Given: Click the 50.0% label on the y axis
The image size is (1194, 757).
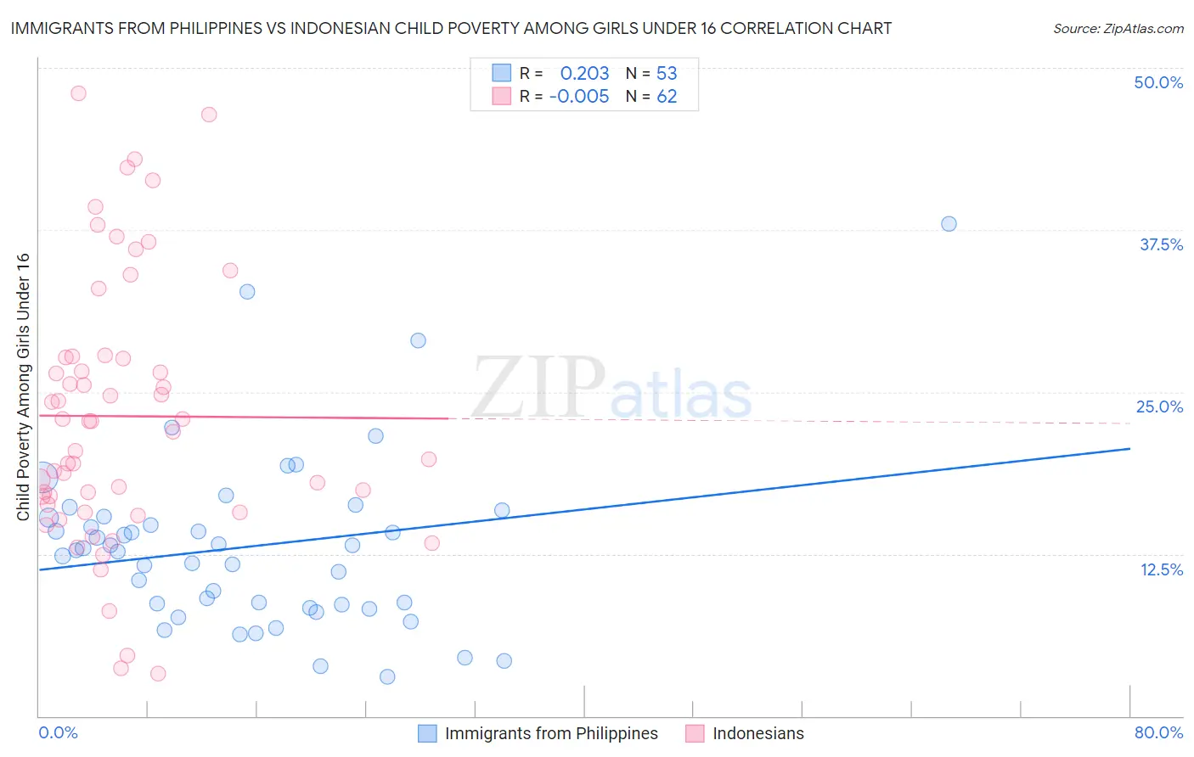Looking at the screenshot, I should [x=1158, y=82].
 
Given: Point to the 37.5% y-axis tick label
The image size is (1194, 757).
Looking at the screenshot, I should [x=1161, y=244].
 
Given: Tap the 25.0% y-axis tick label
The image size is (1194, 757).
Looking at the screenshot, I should [x=1159, y=407].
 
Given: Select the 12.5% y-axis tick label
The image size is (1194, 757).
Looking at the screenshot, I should [x=1161, y=569].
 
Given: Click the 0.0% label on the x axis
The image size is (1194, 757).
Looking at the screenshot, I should [x=58, y=732].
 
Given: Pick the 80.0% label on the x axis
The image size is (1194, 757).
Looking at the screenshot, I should [x=1158, y=732].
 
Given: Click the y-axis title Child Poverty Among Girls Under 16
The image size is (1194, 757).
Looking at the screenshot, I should [x=23, y=387].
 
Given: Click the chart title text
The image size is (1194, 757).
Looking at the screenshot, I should [x=451, y=29].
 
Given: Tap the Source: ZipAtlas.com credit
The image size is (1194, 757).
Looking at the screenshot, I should [x=1118, y=29].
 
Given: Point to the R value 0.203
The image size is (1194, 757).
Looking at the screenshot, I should [x=584, y=74].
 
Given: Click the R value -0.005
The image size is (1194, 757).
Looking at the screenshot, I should [x=579, y=97].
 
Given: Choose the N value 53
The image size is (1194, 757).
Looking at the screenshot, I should [x=667, y=74].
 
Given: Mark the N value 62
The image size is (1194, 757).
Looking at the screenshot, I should [x=667, y=97].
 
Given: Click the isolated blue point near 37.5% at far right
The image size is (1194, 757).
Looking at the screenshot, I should [x=949, y=224].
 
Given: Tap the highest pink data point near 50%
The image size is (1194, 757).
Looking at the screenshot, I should [x=78, y=93].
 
